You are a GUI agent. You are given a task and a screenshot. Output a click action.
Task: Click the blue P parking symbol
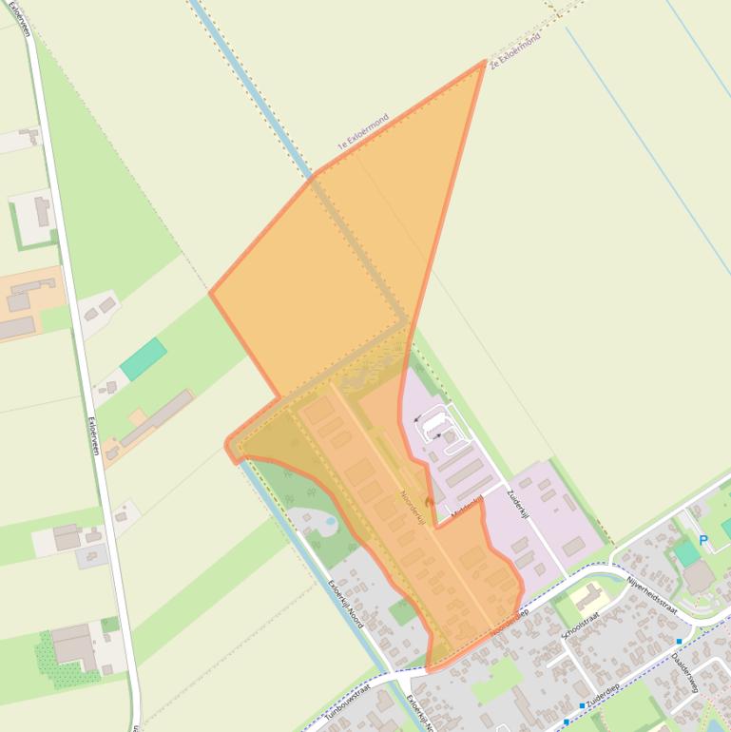click(703, 541)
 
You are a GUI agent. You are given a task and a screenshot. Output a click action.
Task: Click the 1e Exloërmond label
click(363, 132)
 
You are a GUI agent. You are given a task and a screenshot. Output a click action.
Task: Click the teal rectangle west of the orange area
click(144, 358)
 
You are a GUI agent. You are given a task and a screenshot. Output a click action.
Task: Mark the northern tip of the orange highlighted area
click(485, 62)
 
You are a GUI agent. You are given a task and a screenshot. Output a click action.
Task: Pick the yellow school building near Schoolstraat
click(590, 597)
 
